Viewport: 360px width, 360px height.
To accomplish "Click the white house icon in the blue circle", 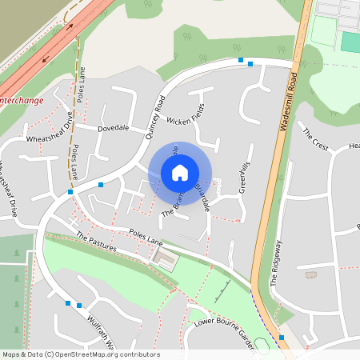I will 180,172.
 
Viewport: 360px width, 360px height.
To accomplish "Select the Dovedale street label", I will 113,128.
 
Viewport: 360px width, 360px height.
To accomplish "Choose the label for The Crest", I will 314,138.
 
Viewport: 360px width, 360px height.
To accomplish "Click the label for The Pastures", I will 96,242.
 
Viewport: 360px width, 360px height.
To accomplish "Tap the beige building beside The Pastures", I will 166,258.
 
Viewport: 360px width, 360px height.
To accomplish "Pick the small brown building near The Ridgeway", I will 310,275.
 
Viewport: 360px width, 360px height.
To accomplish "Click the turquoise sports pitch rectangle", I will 350,42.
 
